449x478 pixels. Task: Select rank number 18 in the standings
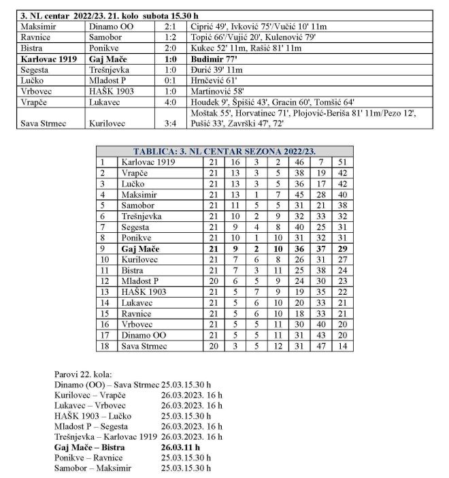click(x=104, y=345)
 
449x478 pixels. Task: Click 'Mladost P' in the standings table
click(x=141, y=280)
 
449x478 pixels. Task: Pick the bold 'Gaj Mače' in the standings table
click(x=139, y=248)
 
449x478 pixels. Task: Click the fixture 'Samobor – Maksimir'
click(x=92, y=468)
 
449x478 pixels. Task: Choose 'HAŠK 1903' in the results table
click(x=112, y=90)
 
